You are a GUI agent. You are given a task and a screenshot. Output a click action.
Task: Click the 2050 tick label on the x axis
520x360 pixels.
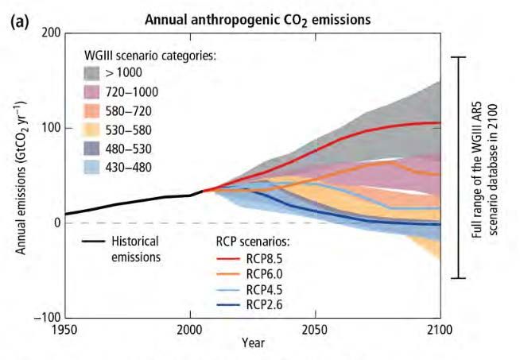pos(315,330)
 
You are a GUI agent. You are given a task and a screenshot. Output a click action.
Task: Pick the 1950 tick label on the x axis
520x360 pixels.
pos(64,330)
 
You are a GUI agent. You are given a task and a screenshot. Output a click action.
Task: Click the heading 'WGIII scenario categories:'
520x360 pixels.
pos(151,56)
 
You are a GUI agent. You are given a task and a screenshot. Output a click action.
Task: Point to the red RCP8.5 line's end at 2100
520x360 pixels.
pos(440,123)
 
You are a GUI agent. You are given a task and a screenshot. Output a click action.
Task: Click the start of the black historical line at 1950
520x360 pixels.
pos(66,214)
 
